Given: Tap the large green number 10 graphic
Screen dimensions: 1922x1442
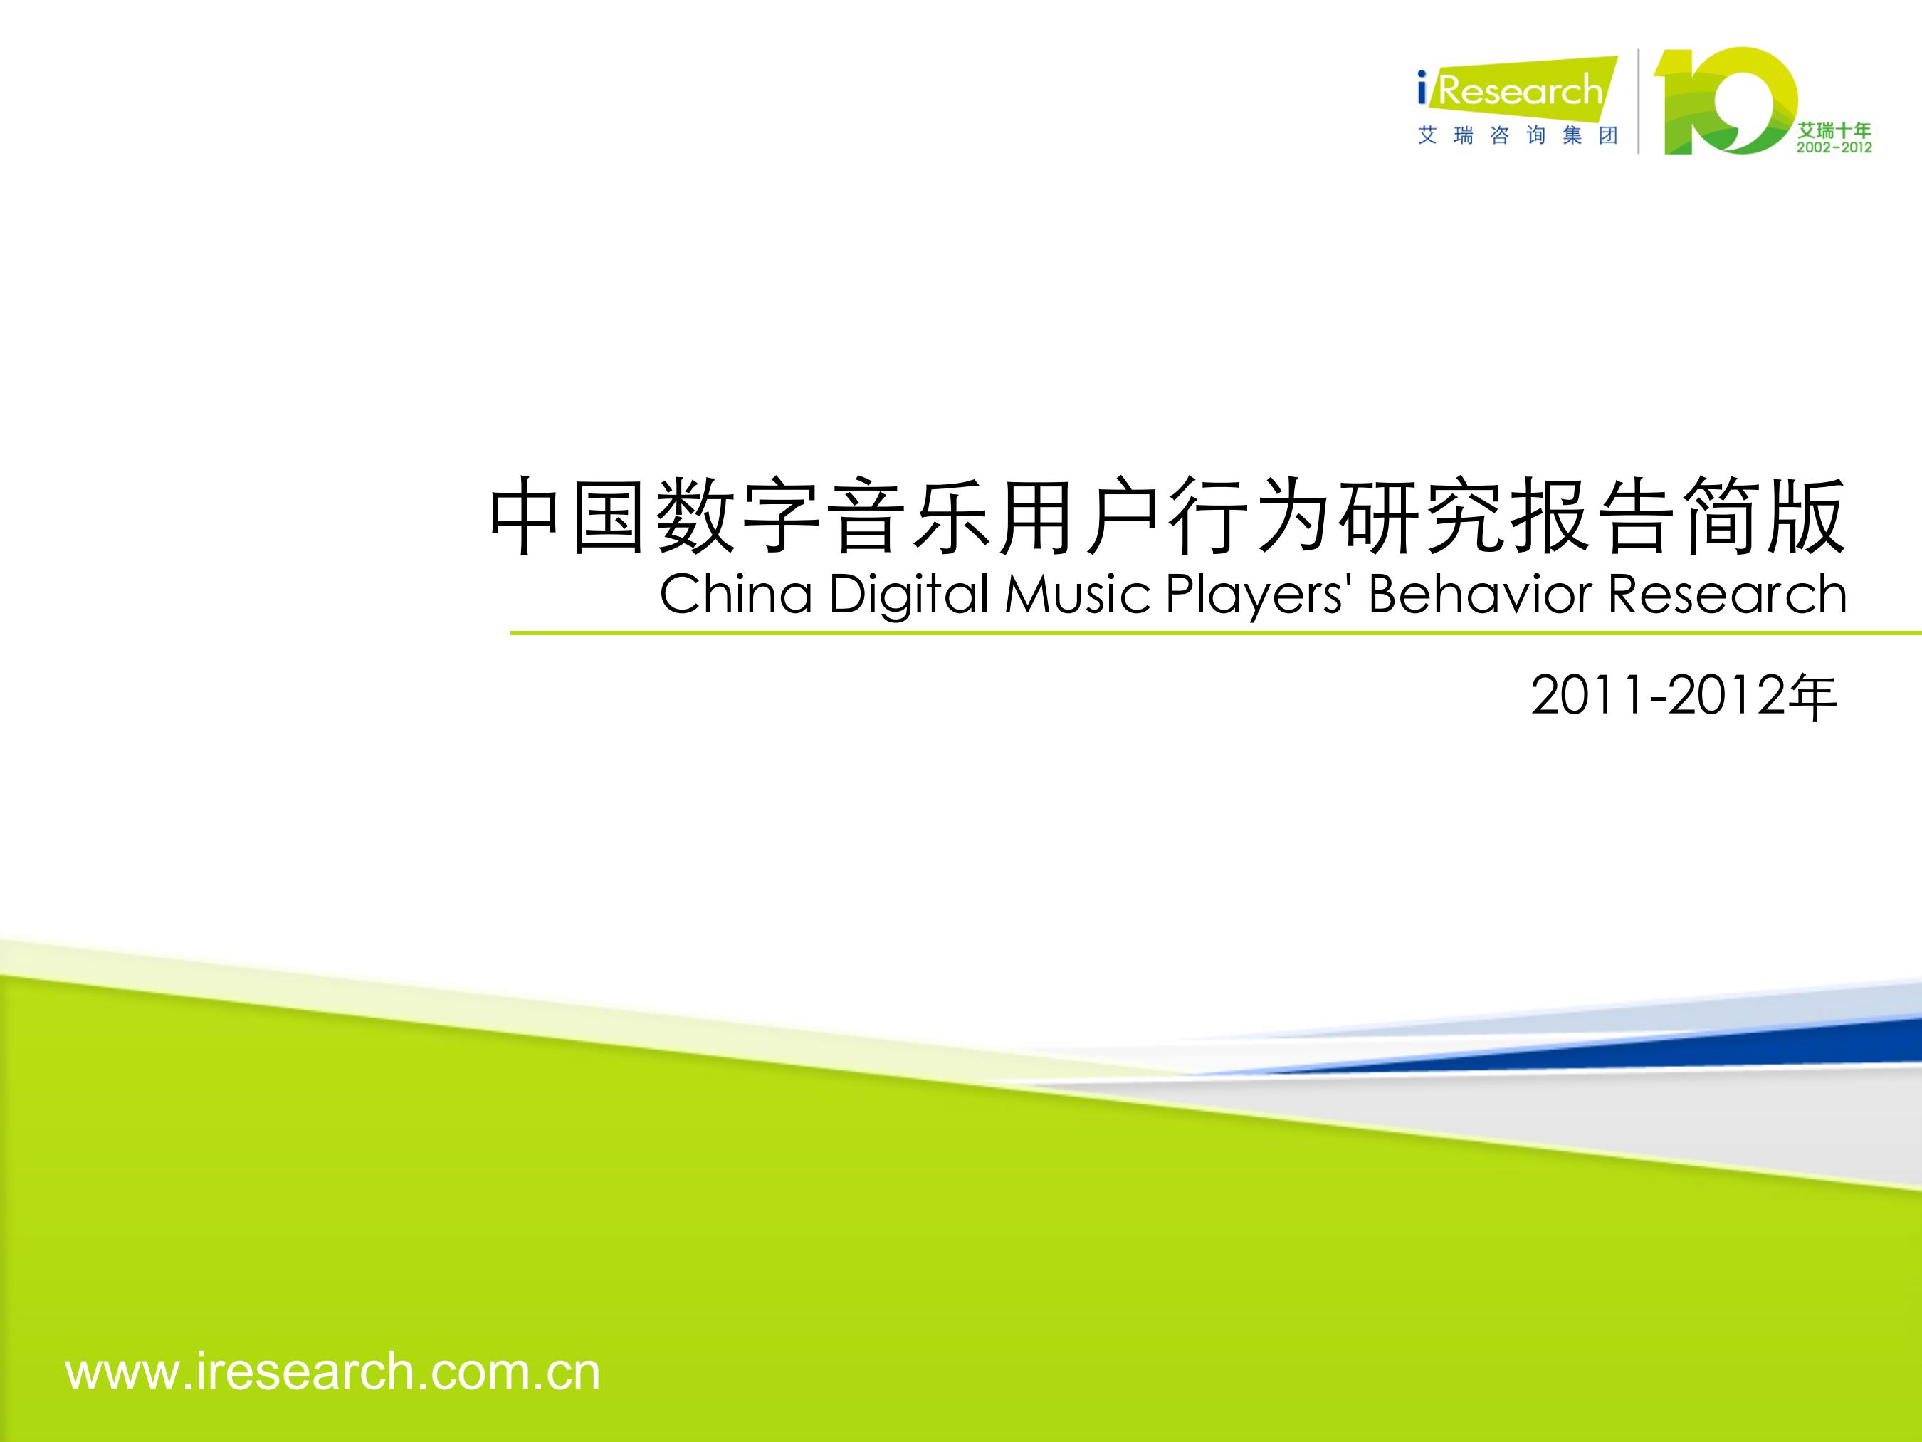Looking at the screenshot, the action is (1725, 102).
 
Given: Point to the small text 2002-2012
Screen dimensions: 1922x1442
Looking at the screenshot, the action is (1834, 148).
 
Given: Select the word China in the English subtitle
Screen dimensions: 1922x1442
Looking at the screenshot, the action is (736, 595).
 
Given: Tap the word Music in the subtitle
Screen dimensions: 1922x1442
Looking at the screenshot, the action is (1078, 595).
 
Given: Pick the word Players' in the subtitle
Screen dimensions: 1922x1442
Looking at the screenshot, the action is (1257, 597).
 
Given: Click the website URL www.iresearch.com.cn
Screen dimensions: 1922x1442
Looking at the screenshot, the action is (332, 1372).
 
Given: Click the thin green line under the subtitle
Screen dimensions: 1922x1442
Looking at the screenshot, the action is (1216, 634).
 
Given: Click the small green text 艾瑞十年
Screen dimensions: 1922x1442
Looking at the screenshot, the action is (1834, 130).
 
